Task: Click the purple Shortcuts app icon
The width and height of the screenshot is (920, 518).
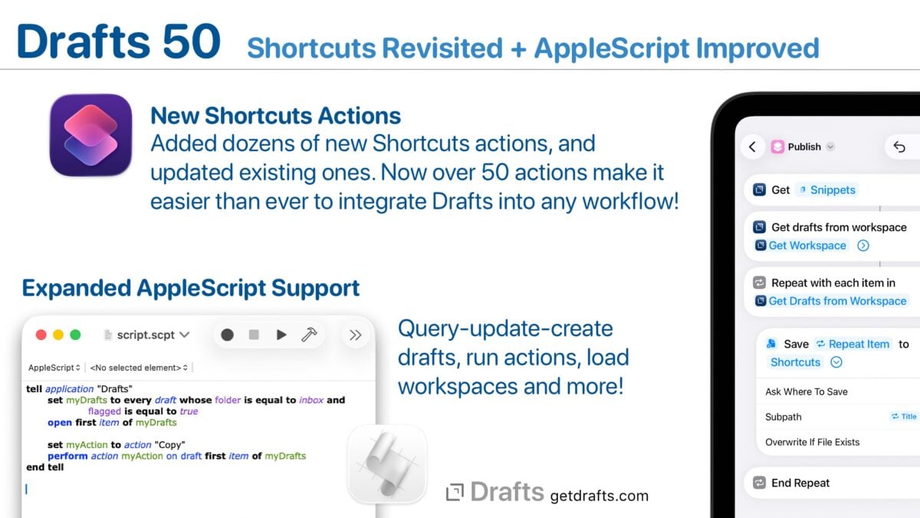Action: (x=90, y=135)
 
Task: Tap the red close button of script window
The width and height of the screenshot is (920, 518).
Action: (x=41, y=335)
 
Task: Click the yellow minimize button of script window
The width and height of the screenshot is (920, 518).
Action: (x=58, y=335)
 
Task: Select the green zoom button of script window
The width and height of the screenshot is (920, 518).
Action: (x=76, y=335)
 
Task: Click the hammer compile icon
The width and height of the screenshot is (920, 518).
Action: (x=309, y=335)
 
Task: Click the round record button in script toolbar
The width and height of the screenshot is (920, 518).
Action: (x=227, y=335)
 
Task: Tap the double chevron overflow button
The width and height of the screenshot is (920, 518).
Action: (x=355, y=335)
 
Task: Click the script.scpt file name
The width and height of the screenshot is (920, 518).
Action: (x=146, y=335)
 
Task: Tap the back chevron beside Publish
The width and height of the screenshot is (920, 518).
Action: (x=752, y=147)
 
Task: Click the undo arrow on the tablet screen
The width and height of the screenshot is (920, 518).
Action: (x=899, y=147)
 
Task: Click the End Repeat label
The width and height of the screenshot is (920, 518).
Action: (x=800, y=483)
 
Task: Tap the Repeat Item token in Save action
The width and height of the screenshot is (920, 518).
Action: (x=853, y=344)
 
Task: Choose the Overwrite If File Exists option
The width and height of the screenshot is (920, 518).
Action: (x=813, y=442)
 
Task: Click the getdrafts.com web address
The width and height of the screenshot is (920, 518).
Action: (x=600, y=496)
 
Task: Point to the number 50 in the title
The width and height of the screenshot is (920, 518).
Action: (x=192, y=41)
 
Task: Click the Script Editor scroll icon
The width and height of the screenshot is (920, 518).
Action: (x=387, y=464)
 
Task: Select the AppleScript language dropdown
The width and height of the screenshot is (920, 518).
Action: (x=54, y=368)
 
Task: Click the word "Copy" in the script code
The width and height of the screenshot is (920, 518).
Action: (x=169, y=445)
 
